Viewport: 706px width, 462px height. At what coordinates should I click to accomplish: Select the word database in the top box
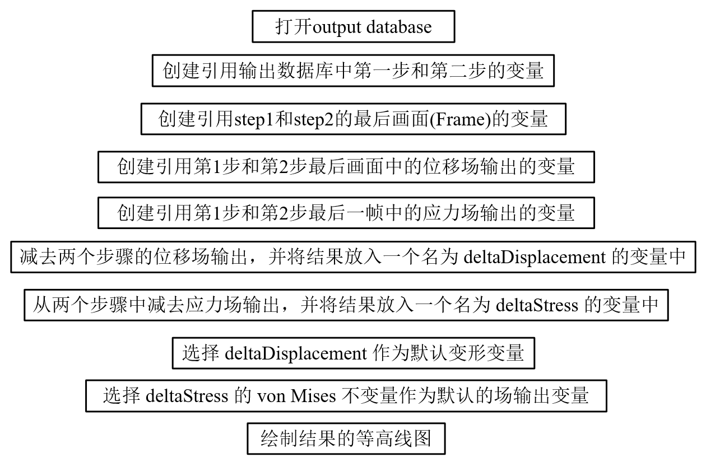pyautogui.click(x=399, y=27)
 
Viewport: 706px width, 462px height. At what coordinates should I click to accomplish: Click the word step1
pyautogui.click(x=257, y=119)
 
